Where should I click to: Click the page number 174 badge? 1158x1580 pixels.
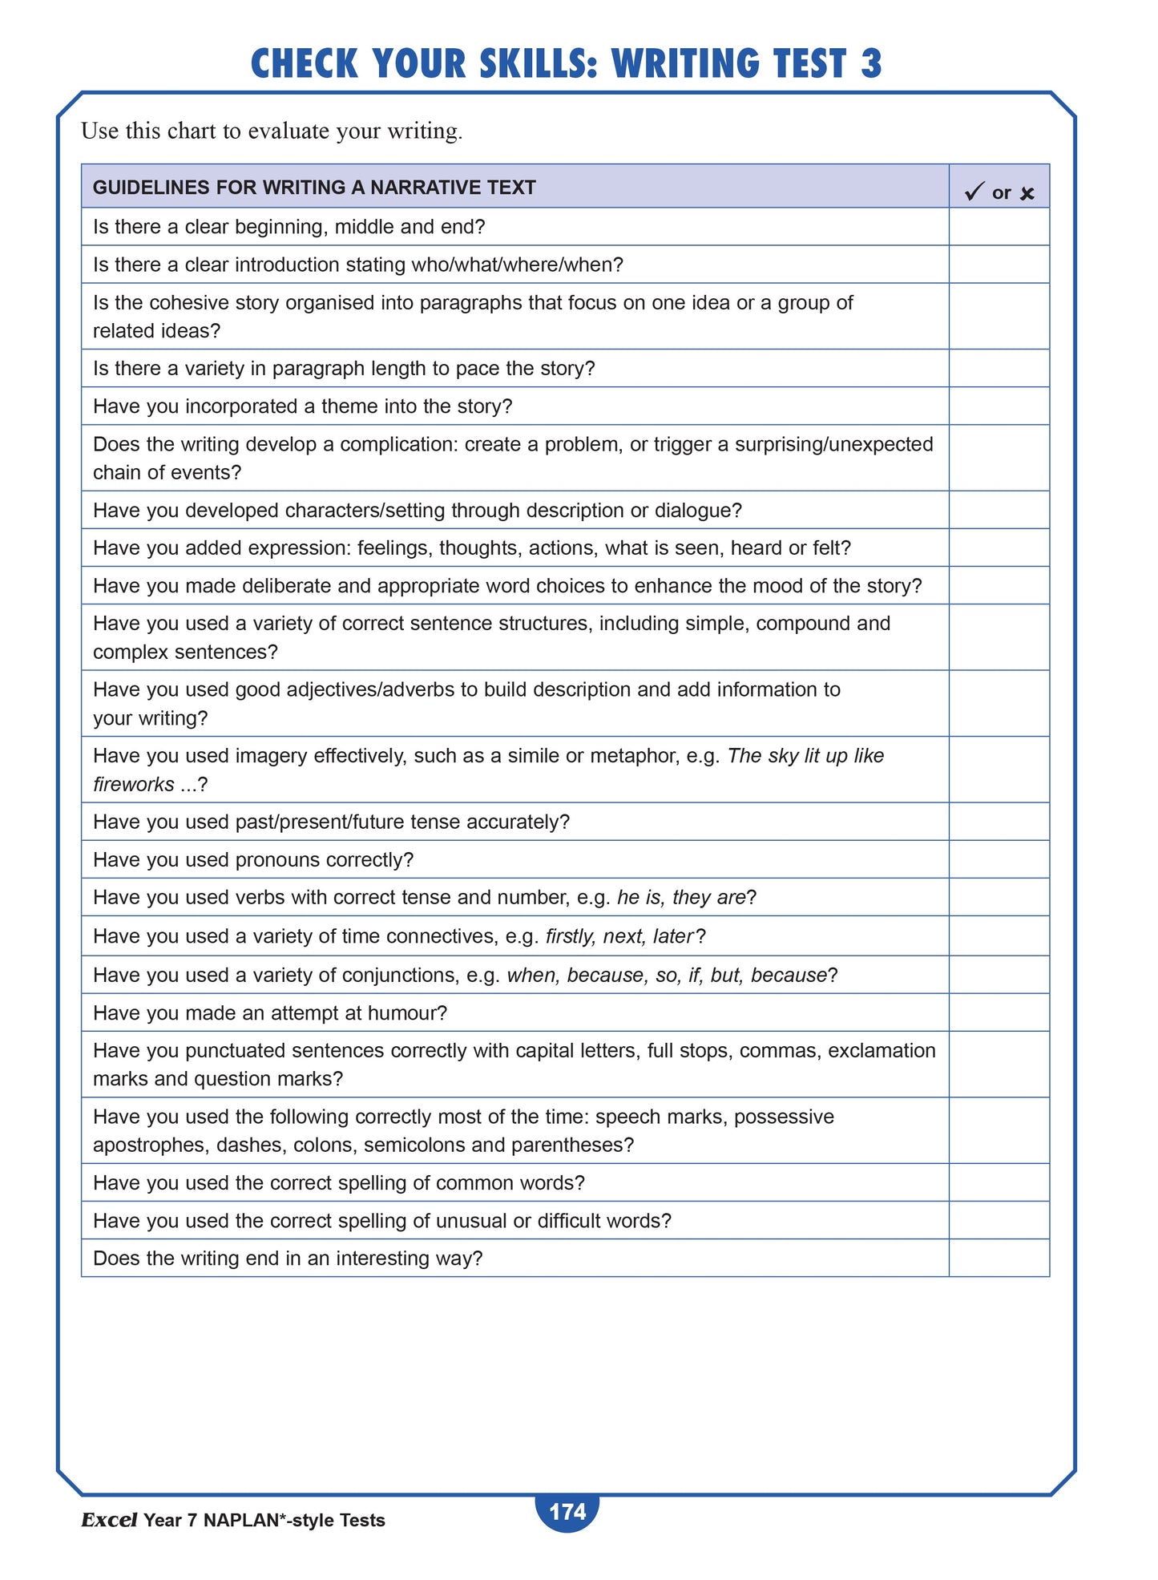coord(567,1511)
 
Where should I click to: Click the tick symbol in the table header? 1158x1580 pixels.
coord(974,192)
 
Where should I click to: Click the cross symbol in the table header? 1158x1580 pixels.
coord(1027,194)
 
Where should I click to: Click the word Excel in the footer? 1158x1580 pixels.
coord(109,1520)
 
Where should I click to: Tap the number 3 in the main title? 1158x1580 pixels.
coord(871,64)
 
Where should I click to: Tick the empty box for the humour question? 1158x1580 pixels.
coord(999,1012)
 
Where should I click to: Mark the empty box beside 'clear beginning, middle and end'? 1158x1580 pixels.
coord(999,227)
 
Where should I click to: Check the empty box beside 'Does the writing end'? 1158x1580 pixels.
coord(999,1258)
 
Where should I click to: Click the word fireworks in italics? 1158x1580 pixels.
coord(133,784)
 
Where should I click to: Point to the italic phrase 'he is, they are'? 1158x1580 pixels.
coord(681,897)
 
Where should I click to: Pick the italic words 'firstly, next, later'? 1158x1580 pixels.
coord(619,936)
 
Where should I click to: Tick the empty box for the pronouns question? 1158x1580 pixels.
coord(999,859)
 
